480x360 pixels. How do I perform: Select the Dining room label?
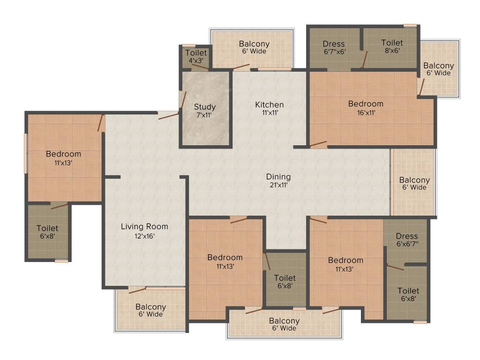278,177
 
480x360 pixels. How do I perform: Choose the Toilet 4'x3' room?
195,57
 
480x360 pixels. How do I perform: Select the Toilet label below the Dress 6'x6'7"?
408,291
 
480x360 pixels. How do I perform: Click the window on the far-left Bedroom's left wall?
26,154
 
